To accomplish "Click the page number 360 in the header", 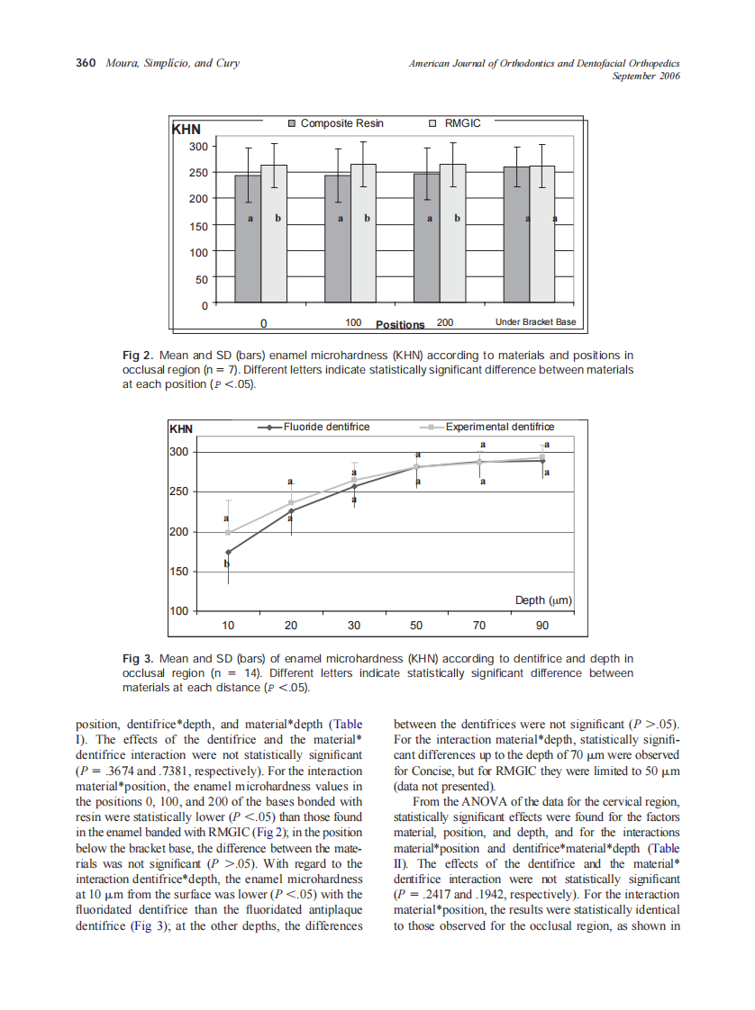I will pos(86,63).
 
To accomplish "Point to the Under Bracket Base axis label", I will pos(535,322).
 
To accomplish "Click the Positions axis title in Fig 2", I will pos(400,324).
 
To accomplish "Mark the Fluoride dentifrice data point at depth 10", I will pos(228,552).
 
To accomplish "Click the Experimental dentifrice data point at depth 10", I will pos(228,532).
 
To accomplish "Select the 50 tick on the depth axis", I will pos(416,625).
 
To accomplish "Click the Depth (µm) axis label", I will pos(543,600).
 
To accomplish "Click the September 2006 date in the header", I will pos(646,76).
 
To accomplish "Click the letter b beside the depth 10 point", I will pos(226,564).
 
